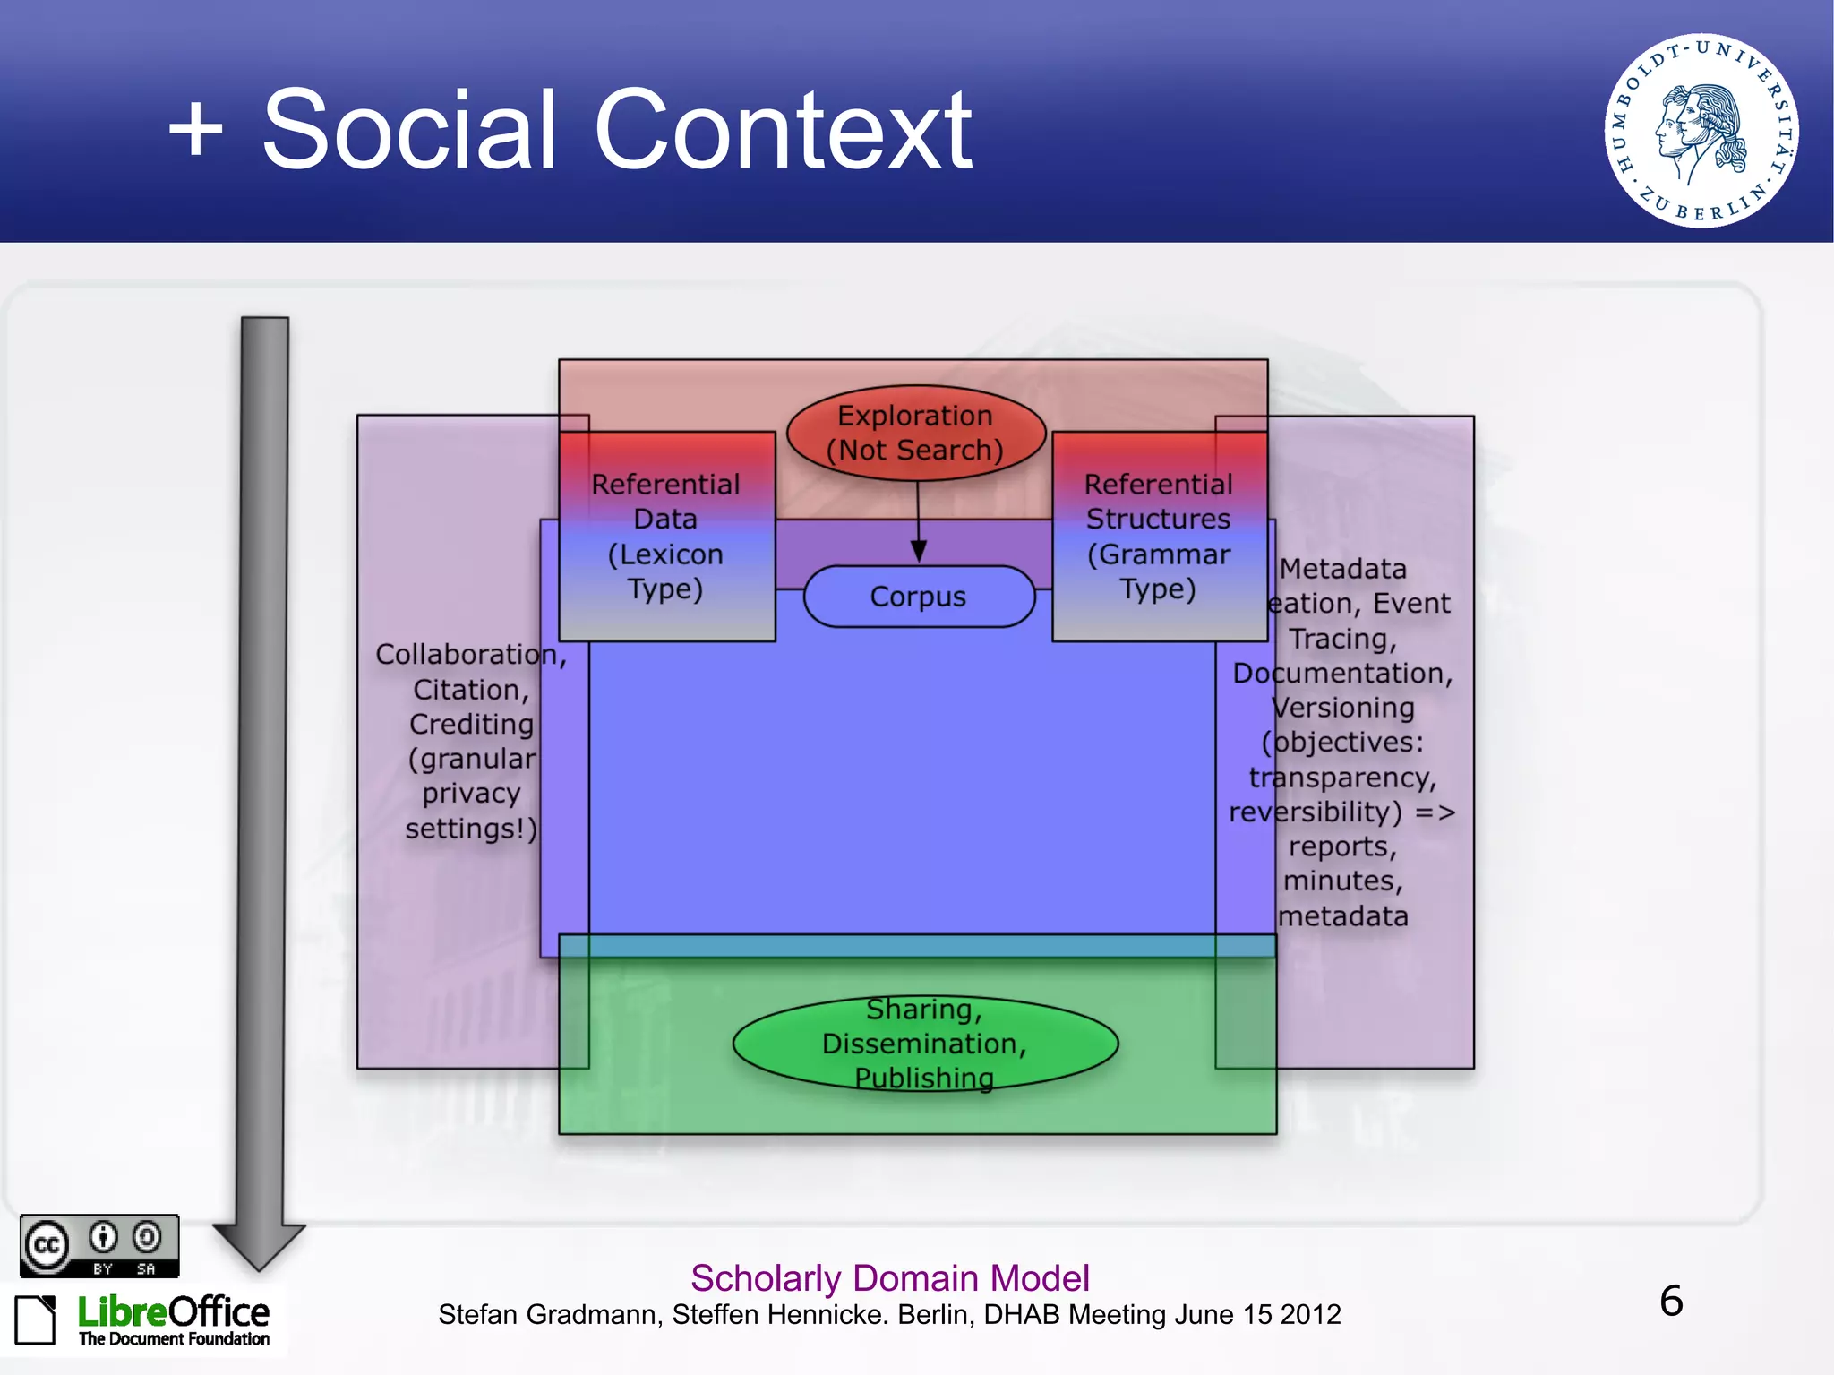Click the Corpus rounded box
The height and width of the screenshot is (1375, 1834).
(919, 597)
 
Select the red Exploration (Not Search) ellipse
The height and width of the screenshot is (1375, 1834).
(915, 433)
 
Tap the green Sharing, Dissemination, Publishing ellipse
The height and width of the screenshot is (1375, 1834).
(924, 1044)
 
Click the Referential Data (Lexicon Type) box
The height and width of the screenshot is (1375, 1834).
(666, 537)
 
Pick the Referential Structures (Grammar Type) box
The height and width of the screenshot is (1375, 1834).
(1159, 537)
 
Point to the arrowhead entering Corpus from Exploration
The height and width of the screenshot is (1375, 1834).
(919, 551)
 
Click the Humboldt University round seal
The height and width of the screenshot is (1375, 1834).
(1701, 131)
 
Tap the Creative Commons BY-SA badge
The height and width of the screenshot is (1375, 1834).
(99, 1245)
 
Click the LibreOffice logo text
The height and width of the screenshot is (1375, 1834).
(173, 1313)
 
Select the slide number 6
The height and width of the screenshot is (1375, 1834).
(1671, 1301)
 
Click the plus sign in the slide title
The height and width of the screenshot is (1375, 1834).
(195, 129)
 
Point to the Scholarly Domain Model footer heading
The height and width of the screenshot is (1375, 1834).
(889, 1278)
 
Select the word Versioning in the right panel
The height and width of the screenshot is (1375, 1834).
(1343, 708)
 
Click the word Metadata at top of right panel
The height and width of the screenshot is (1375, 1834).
(1342, 569)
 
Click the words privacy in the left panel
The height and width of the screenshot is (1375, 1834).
(471, 794)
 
